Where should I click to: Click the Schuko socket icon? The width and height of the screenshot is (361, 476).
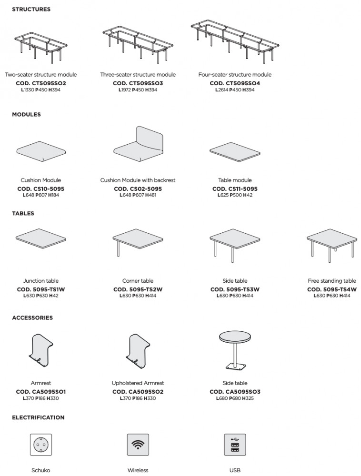[40, 445]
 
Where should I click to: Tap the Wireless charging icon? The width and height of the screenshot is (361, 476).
[138, 445]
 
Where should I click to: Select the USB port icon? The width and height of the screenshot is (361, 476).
[235, 445]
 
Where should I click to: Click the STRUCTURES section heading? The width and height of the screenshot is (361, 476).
[31, 10]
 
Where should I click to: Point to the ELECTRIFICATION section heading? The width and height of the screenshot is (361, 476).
[38, 417]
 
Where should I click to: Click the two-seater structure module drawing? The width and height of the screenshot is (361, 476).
[40, 49]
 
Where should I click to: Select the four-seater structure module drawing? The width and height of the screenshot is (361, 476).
[235, 42]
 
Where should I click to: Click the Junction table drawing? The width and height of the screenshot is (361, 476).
[40, 239]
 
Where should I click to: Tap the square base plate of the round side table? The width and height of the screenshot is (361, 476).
[235, 366]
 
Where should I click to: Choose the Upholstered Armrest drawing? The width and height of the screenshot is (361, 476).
[138, 352]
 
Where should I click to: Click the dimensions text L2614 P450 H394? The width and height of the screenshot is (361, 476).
[235, 90]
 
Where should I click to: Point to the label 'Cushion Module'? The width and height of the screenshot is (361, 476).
[40, 180]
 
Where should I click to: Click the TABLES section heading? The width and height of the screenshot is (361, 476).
[23, 213]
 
